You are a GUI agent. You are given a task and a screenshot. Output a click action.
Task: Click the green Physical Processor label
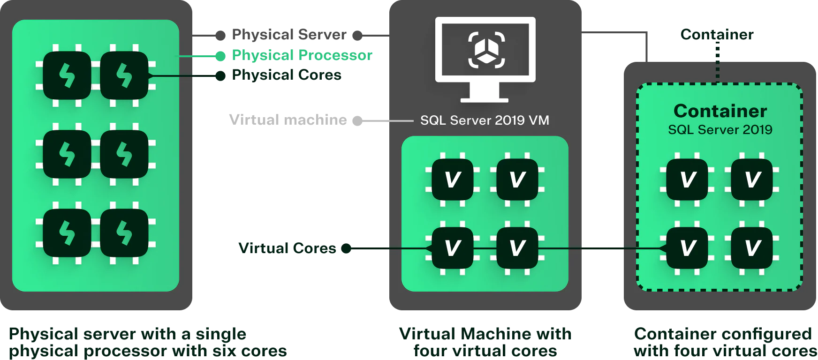click(303, 55)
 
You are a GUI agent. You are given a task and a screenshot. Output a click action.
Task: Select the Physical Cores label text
click(287, 75)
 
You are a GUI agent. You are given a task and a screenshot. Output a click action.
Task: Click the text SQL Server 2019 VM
click(485, 120)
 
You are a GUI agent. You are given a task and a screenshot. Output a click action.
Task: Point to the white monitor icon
click(485, 59)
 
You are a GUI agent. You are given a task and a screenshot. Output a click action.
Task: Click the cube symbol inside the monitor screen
click(486, 50)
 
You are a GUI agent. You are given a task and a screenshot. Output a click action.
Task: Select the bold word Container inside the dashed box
click(720, 111)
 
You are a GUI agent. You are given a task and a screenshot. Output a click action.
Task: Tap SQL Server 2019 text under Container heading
click(720, 130)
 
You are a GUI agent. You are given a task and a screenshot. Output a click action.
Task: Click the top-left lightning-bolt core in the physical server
click(67, 75)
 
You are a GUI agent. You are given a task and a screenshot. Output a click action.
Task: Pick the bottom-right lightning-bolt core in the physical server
click(124, 233)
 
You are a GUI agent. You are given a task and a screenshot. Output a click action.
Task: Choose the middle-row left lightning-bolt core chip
click(67, 154)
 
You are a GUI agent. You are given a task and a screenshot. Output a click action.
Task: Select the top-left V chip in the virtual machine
click(453, 180)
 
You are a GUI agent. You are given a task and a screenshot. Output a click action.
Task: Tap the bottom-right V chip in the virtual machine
click(517, 248)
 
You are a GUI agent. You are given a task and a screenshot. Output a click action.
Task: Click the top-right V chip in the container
click(752, 180)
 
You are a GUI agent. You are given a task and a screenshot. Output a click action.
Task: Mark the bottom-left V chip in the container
click(687, 248)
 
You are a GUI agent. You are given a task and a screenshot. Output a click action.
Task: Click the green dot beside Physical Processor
click(220, 56)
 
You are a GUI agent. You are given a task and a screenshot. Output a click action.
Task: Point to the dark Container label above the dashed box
click(717, 34)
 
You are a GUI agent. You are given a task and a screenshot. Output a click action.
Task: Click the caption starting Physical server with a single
click(148, 342)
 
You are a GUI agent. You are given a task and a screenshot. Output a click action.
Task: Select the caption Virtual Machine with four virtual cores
click(485, 342)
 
